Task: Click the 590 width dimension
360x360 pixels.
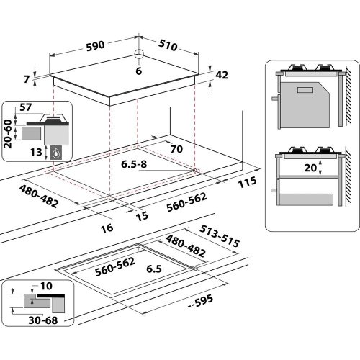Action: click(x=94, y=44)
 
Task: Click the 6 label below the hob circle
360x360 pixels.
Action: click(x=140, y=71)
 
